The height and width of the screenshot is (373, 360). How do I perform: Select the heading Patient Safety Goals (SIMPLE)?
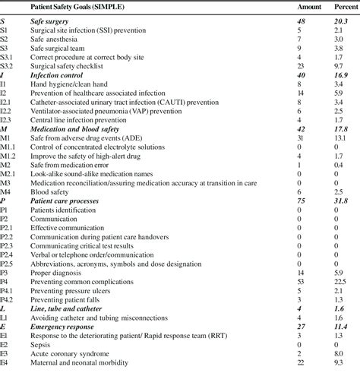[x=78, y=6]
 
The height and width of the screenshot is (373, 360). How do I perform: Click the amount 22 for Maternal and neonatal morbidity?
[x=300, y=369]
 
